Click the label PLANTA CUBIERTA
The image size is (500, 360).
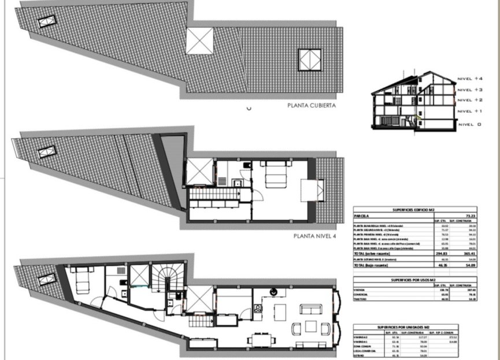coord(312,106)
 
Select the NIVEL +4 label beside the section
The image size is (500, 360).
coord(469,78)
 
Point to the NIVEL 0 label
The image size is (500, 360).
coord(469,124)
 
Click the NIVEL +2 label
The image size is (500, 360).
coord(469,100)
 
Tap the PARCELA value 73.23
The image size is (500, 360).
coord(468,214)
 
